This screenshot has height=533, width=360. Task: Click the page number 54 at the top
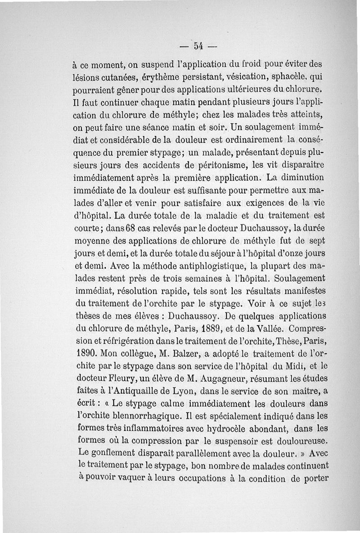pyautogui.click(x=198, y=45)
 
